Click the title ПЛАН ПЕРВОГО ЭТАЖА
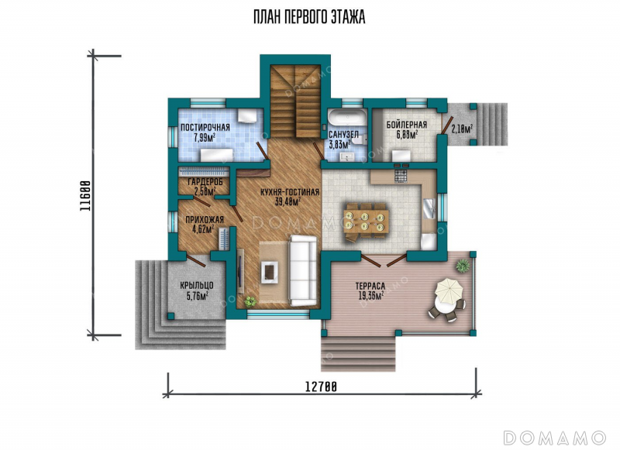click(x=309, y=17)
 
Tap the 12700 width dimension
click(x=321, y=386)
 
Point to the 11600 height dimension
click(x=85, y=195)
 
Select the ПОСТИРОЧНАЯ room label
click(x=205, y=128)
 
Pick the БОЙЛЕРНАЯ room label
click(x=407, y=125)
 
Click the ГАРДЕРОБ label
click(x=205, y=182)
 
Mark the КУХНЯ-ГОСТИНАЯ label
click(x=290, y=192)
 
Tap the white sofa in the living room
click(x=303, y=270)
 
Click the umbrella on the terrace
click(x=449, y=290)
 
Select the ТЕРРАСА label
click(x=370, y=286)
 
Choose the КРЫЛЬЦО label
click(x=197, y=285)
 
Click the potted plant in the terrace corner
click(x=462, y=266)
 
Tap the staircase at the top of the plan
click(x=295, y=101)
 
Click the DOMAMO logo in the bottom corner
click(x=554, y=438)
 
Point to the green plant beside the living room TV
click(x=250, y=301)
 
